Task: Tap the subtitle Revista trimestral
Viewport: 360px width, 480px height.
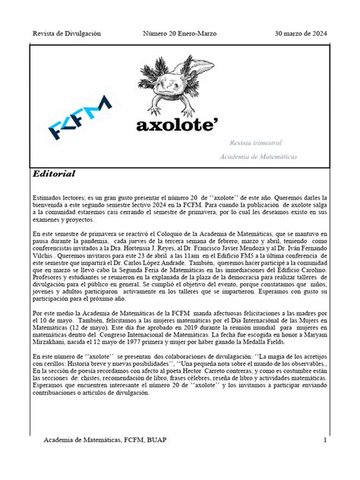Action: pos(256,143)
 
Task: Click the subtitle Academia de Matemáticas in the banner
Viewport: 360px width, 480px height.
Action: pos(258,156)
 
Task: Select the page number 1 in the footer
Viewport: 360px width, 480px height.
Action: pos(324,441)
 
